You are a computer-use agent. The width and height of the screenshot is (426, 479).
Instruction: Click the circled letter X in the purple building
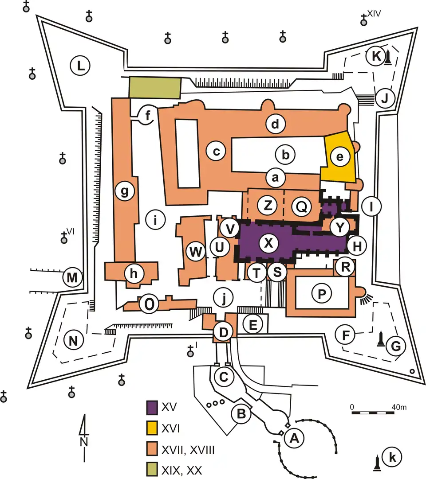tap(268, 243)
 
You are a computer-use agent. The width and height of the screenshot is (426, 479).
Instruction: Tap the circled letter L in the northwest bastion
tap(80, 66)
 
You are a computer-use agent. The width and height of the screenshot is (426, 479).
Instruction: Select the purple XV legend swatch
tap(152, 408)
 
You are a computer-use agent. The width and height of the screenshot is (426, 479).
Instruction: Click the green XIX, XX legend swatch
tap(152, 470)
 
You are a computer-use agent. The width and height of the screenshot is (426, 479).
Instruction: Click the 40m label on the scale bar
tap(399, 407)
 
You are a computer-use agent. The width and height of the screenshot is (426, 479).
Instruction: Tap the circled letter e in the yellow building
tap(340, 157)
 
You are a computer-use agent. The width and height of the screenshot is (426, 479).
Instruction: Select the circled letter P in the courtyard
tap(322, 294)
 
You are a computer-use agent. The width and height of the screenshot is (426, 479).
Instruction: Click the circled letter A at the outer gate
tap(294, 438)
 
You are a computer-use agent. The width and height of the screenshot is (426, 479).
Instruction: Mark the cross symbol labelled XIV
tap(363, 20)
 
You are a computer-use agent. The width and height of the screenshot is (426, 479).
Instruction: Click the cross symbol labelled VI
tap(63, 238)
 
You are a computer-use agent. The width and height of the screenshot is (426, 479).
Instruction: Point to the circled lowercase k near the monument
tap(392, 457)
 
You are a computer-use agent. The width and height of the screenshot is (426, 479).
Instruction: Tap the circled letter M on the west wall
tap(72, 278)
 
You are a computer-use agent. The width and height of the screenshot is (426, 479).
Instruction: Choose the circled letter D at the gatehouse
tap(224, 332)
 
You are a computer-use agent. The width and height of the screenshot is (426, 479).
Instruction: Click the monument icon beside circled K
tap(388, 58)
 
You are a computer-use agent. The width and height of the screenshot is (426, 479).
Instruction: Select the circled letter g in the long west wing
tap(125, 192)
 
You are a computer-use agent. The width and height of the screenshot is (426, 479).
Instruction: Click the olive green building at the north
tap(155, 87)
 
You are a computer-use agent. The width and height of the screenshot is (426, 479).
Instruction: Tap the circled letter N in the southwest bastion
tap(73, 340)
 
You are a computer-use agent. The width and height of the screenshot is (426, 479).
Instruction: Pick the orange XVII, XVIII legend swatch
tap(152, 449)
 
